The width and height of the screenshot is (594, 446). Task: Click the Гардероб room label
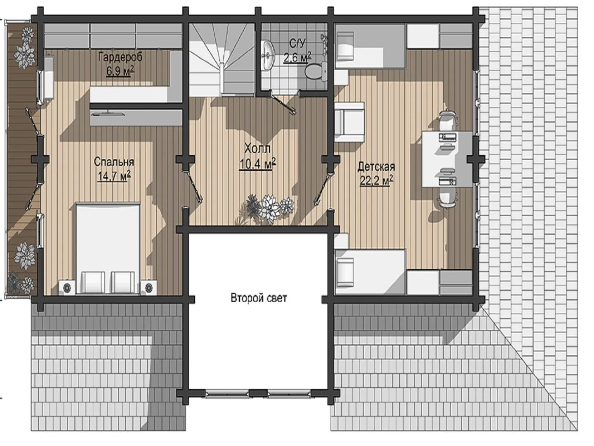tap(120, 57)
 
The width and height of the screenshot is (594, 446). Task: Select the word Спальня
tap(114, 162)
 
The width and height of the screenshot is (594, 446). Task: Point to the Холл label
tap(257, 149)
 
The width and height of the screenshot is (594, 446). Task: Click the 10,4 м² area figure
tap(257, 164)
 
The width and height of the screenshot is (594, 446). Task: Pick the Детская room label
tap(376, 167)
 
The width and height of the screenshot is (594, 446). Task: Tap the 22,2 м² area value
tap(376, 180)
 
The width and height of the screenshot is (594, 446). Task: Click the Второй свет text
tap(259, 298)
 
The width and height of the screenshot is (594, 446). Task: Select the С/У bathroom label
tap(297, 43)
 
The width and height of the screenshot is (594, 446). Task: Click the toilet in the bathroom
tap(316, 71)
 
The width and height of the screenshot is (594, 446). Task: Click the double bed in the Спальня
tap(108, 248)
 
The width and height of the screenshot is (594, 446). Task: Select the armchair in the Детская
tap(349, 122)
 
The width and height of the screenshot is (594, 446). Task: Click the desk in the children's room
tap(447, 159)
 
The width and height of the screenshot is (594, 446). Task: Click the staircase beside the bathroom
tap(222, 59)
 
